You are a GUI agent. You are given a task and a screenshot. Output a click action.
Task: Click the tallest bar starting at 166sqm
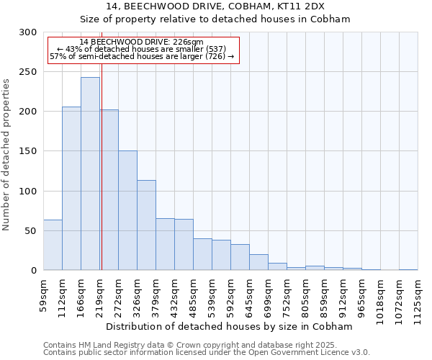(x=90, y=174)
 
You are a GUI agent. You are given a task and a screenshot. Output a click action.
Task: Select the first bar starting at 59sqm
(x=53, y=245)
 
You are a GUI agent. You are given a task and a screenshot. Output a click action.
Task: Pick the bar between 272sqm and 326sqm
(x=127, y=210)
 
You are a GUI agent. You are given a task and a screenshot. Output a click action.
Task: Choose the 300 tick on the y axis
(x=28, y=32)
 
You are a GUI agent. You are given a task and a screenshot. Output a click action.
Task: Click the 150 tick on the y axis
(x=28, y=151)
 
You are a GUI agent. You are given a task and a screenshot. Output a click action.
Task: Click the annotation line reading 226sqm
(x=141, y=42)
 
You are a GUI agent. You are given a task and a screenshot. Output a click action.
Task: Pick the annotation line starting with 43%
(x=141, y=49)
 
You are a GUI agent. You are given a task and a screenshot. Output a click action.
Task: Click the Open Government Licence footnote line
(x=207, y=352)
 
